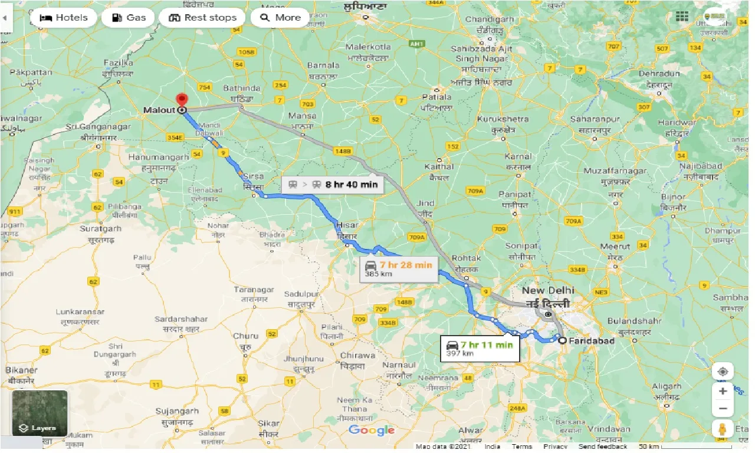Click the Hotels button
click(x=63, y=18)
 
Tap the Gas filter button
click(x=128, y=18)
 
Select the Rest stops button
click(x=202, y=18)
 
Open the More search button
click(x=280, y=18)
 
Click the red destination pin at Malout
click(x=182, y=100)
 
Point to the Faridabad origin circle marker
click(x=562, y=340)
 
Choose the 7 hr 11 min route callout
click(x=480, y=348)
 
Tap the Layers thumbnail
click(x=40, y=413)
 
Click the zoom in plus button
click(x=723, y=390)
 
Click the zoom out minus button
click(x=723, y=408)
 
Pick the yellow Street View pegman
click(x=723, y=429)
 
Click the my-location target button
click(x=723, y=372)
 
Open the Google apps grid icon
click(x=682, y=17)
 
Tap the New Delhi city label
click(x=548, y=291)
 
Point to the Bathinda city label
click(x=242, y=88)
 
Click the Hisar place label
click(x=347, y=225)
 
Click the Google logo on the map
click(x=372, y=430)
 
